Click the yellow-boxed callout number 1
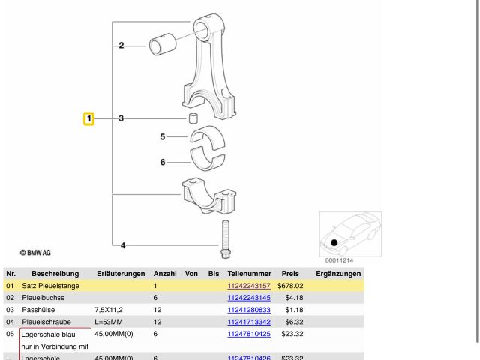(x=88, y=118)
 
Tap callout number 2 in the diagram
(x=121, y=46)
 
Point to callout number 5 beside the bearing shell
(x=162, y=136)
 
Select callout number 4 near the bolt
(x=124, y=244)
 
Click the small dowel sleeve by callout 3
(x=192, y=118)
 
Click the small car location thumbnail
(x=350, y=233)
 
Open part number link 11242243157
(x=249, y=286)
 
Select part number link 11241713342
(x=249, y=321)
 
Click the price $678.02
(x=289, y=286)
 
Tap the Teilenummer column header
(x=249, y=274)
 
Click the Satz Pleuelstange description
(x=51, y=286)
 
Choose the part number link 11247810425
(x=249, y=333)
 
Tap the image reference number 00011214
(x=339, y=260)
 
